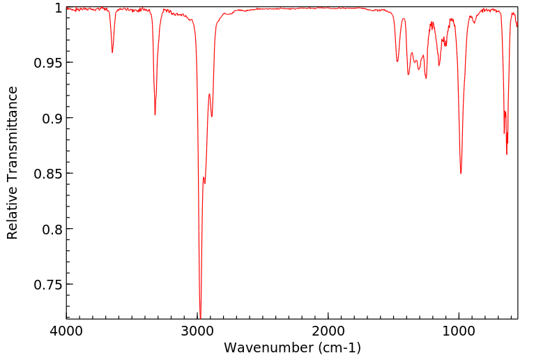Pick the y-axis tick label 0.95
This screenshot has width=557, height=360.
tap(48, 63)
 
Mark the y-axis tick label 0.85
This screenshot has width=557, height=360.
tap(48, 174)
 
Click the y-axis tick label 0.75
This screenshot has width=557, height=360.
tap(48, 285)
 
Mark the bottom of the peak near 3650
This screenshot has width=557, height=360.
tap(112, 52)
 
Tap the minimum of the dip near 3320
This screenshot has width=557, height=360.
tap(155, 114)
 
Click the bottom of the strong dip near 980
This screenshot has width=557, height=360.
tap(461, 173)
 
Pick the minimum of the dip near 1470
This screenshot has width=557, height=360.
tap(397, 61)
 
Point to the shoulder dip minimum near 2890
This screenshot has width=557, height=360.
tap(212, 117)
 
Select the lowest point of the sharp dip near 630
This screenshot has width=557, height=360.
tap(507, 154)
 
